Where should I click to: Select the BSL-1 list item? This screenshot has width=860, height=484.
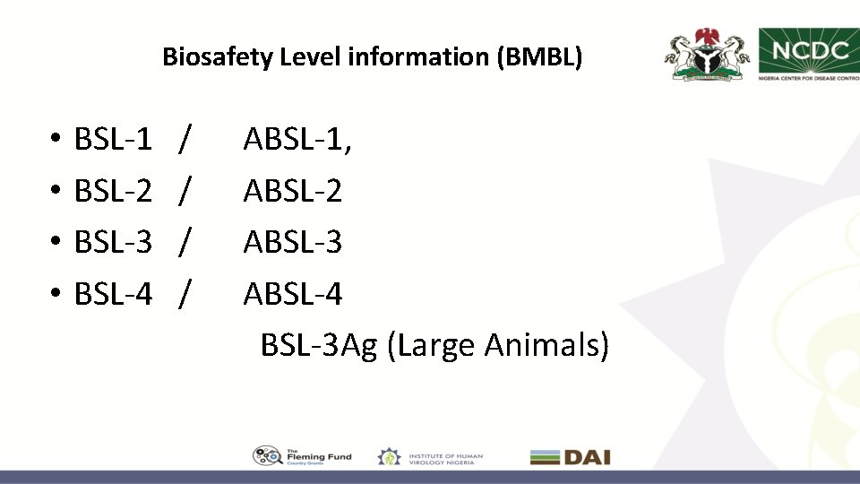113,139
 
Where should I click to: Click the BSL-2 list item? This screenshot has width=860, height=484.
113,190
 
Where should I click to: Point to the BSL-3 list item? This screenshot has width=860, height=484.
113,241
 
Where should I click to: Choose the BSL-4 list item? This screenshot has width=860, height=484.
113,293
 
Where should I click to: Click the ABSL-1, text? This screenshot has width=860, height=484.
297,139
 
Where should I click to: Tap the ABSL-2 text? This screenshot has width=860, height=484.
293,190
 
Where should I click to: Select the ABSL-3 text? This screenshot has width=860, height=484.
293,241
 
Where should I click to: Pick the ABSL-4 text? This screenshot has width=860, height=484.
293,293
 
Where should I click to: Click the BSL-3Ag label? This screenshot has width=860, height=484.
319,345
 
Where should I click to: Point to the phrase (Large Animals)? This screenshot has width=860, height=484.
498,345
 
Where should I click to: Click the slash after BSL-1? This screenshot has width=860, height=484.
184,139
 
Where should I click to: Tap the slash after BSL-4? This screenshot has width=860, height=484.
184,293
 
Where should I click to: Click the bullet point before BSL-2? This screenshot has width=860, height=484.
55,191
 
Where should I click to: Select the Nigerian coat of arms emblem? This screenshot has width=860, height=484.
707,55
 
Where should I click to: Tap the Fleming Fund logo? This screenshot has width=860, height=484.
303,456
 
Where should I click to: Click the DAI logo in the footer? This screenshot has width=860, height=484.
570,457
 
